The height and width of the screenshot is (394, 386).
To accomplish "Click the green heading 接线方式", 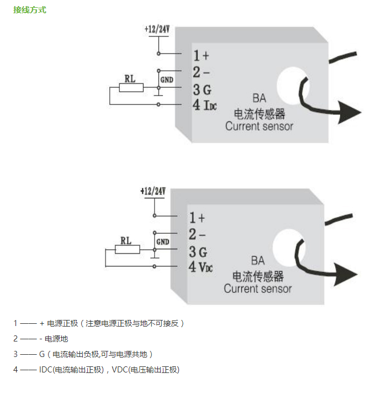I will point(30,10).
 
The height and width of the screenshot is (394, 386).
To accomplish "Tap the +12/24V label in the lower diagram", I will point(153,191).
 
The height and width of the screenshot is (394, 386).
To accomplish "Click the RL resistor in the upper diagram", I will point(131,87).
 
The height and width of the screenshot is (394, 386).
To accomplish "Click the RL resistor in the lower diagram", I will point(126,250).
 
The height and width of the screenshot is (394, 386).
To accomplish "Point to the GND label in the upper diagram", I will point(167,80).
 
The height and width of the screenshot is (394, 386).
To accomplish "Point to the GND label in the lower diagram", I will point(163,242).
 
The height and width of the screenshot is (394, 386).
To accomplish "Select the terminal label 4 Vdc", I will point(201,267).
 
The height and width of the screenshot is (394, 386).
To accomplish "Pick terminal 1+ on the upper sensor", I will point(200,55).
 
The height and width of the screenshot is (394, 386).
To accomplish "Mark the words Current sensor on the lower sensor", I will point(258,288).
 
